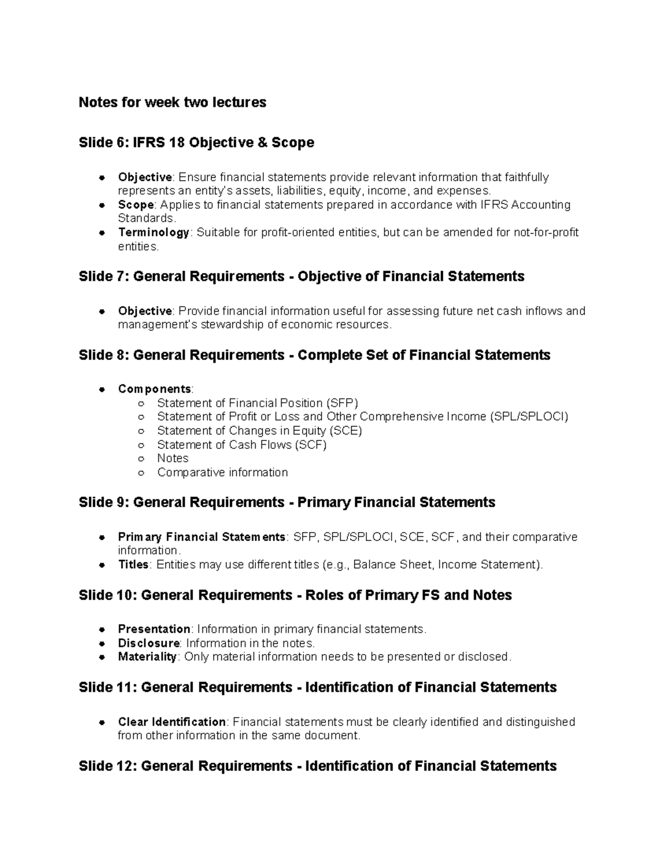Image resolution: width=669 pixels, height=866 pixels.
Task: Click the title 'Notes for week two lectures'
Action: tap(172, 103)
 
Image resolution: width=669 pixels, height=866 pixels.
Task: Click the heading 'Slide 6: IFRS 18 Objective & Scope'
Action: tap(196, 143)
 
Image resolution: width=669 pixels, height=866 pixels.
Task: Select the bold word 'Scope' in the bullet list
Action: tap(135, 205)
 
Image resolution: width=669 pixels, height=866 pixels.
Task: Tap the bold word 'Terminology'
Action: tap(153, 233)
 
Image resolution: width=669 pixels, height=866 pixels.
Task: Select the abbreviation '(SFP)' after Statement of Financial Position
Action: tap(342, 403)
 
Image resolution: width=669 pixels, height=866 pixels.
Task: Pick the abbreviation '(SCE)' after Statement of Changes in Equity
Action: tap(346, 430)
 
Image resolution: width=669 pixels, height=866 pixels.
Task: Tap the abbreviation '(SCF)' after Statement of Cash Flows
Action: tap(311, 444)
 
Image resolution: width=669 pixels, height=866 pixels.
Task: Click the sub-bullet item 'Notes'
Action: tap(173, 458)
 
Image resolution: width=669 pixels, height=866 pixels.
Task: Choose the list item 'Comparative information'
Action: tap(222, 472)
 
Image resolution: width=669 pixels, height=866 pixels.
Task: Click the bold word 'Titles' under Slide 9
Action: tap(133, 564)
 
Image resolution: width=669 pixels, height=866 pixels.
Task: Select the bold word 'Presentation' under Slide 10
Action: tap(154, 629)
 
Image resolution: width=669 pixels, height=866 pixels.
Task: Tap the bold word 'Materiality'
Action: tap(147, 657)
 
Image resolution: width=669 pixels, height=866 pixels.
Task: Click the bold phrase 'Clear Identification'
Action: tap(172, 722)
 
